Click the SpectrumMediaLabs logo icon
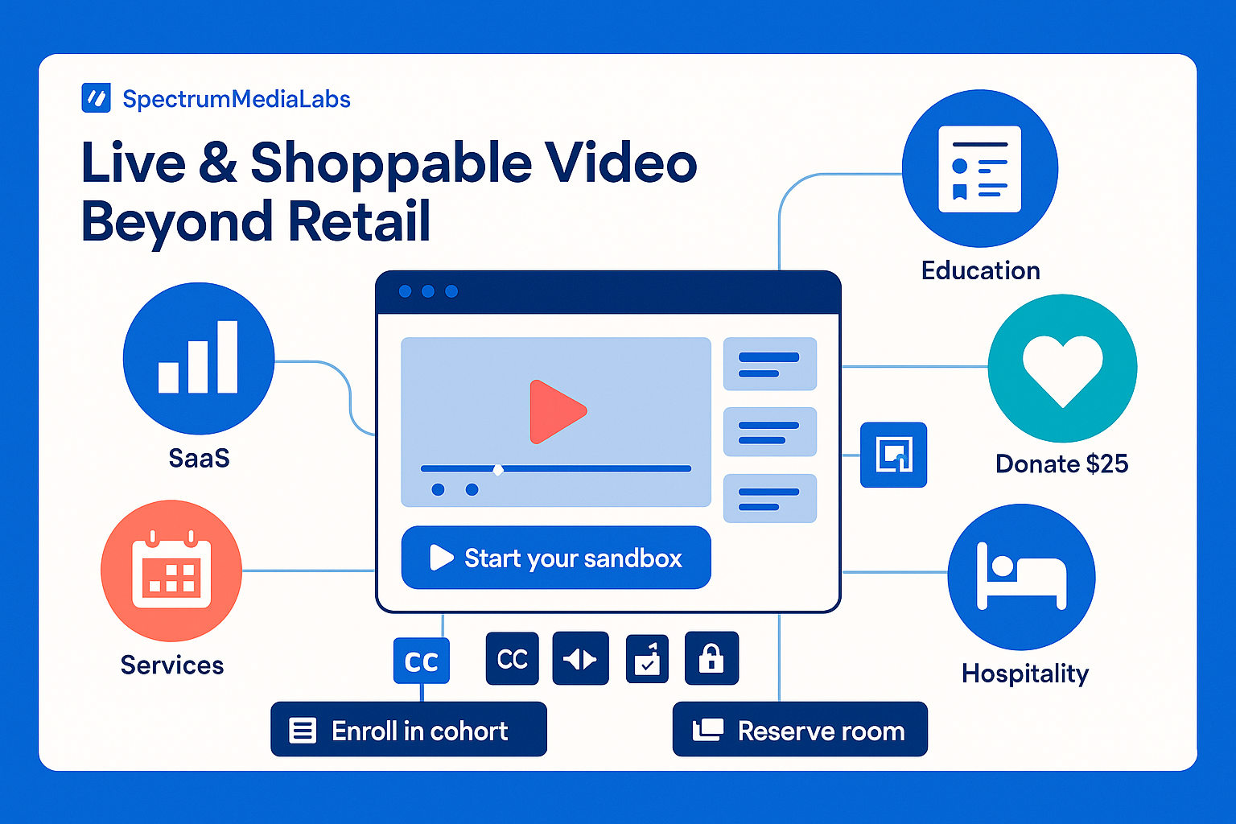coord(97,98)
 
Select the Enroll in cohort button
coord(409,730)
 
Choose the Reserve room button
coord(800,730)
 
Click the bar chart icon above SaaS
coord(198,358)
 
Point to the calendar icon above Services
coord(171,571)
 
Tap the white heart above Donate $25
coord(1062,369)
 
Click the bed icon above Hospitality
coord(1021,576)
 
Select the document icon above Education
coord(980,169)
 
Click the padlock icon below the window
coord(711,658)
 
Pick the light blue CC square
coord(422,661)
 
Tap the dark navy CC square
coord(513,658)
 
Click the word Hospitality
coord(1025,673)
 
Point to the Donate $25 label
coord(1061,463)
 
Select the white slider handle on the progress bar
coord(498,469)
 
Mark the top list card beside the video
coord(770,364)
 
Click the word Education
coord(980,270)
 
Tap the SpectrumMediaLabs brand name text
coord(237,99)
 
